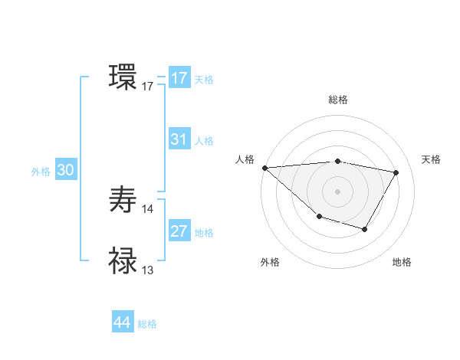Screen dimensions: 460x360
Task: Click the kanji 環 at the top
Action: tap(123, 77)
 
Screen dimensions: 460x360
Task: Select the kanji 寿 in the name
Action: tap(123, 201)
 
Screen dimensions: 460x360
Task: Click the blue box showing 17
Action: tap(179, 78)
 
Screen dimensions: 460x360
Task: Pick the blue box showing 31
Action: tap(179, 139)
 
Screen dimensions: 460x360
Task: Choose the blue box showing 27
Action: tap(179, 231)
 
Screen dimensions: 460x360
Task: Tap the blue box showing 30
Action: tap(65, 170)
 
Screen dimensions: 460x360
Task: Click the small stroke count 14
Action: tap(148, 209)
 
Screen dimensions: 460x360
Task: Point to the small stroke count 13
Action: tap(148, 270)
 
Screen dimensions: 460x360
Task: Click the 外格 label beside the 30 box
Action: tap(41, 172)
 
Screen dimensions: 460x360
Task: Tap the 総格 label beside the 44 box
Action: tap(147, 324)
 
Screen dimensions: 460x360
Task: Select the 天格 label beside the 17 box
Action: tap(204, 80)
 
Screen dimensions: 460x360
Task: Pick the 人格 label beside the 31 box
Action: tap(204, 141)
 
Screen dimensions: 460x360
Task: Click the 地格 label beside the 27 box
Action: tap(204, 233)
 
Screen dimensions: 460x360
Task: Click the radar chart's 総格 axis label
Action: tap(337, 100)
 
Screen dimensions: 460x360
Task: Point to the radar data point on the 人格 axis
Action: tap(264, 168)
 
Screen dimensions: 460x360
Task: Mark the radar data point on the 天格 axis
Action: tap(396, 172)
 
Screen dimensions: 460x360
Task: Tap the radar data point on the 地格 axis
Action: tap(365, 229)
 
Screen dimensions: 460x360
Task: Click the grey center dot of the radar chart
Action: tap(337, 191)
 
